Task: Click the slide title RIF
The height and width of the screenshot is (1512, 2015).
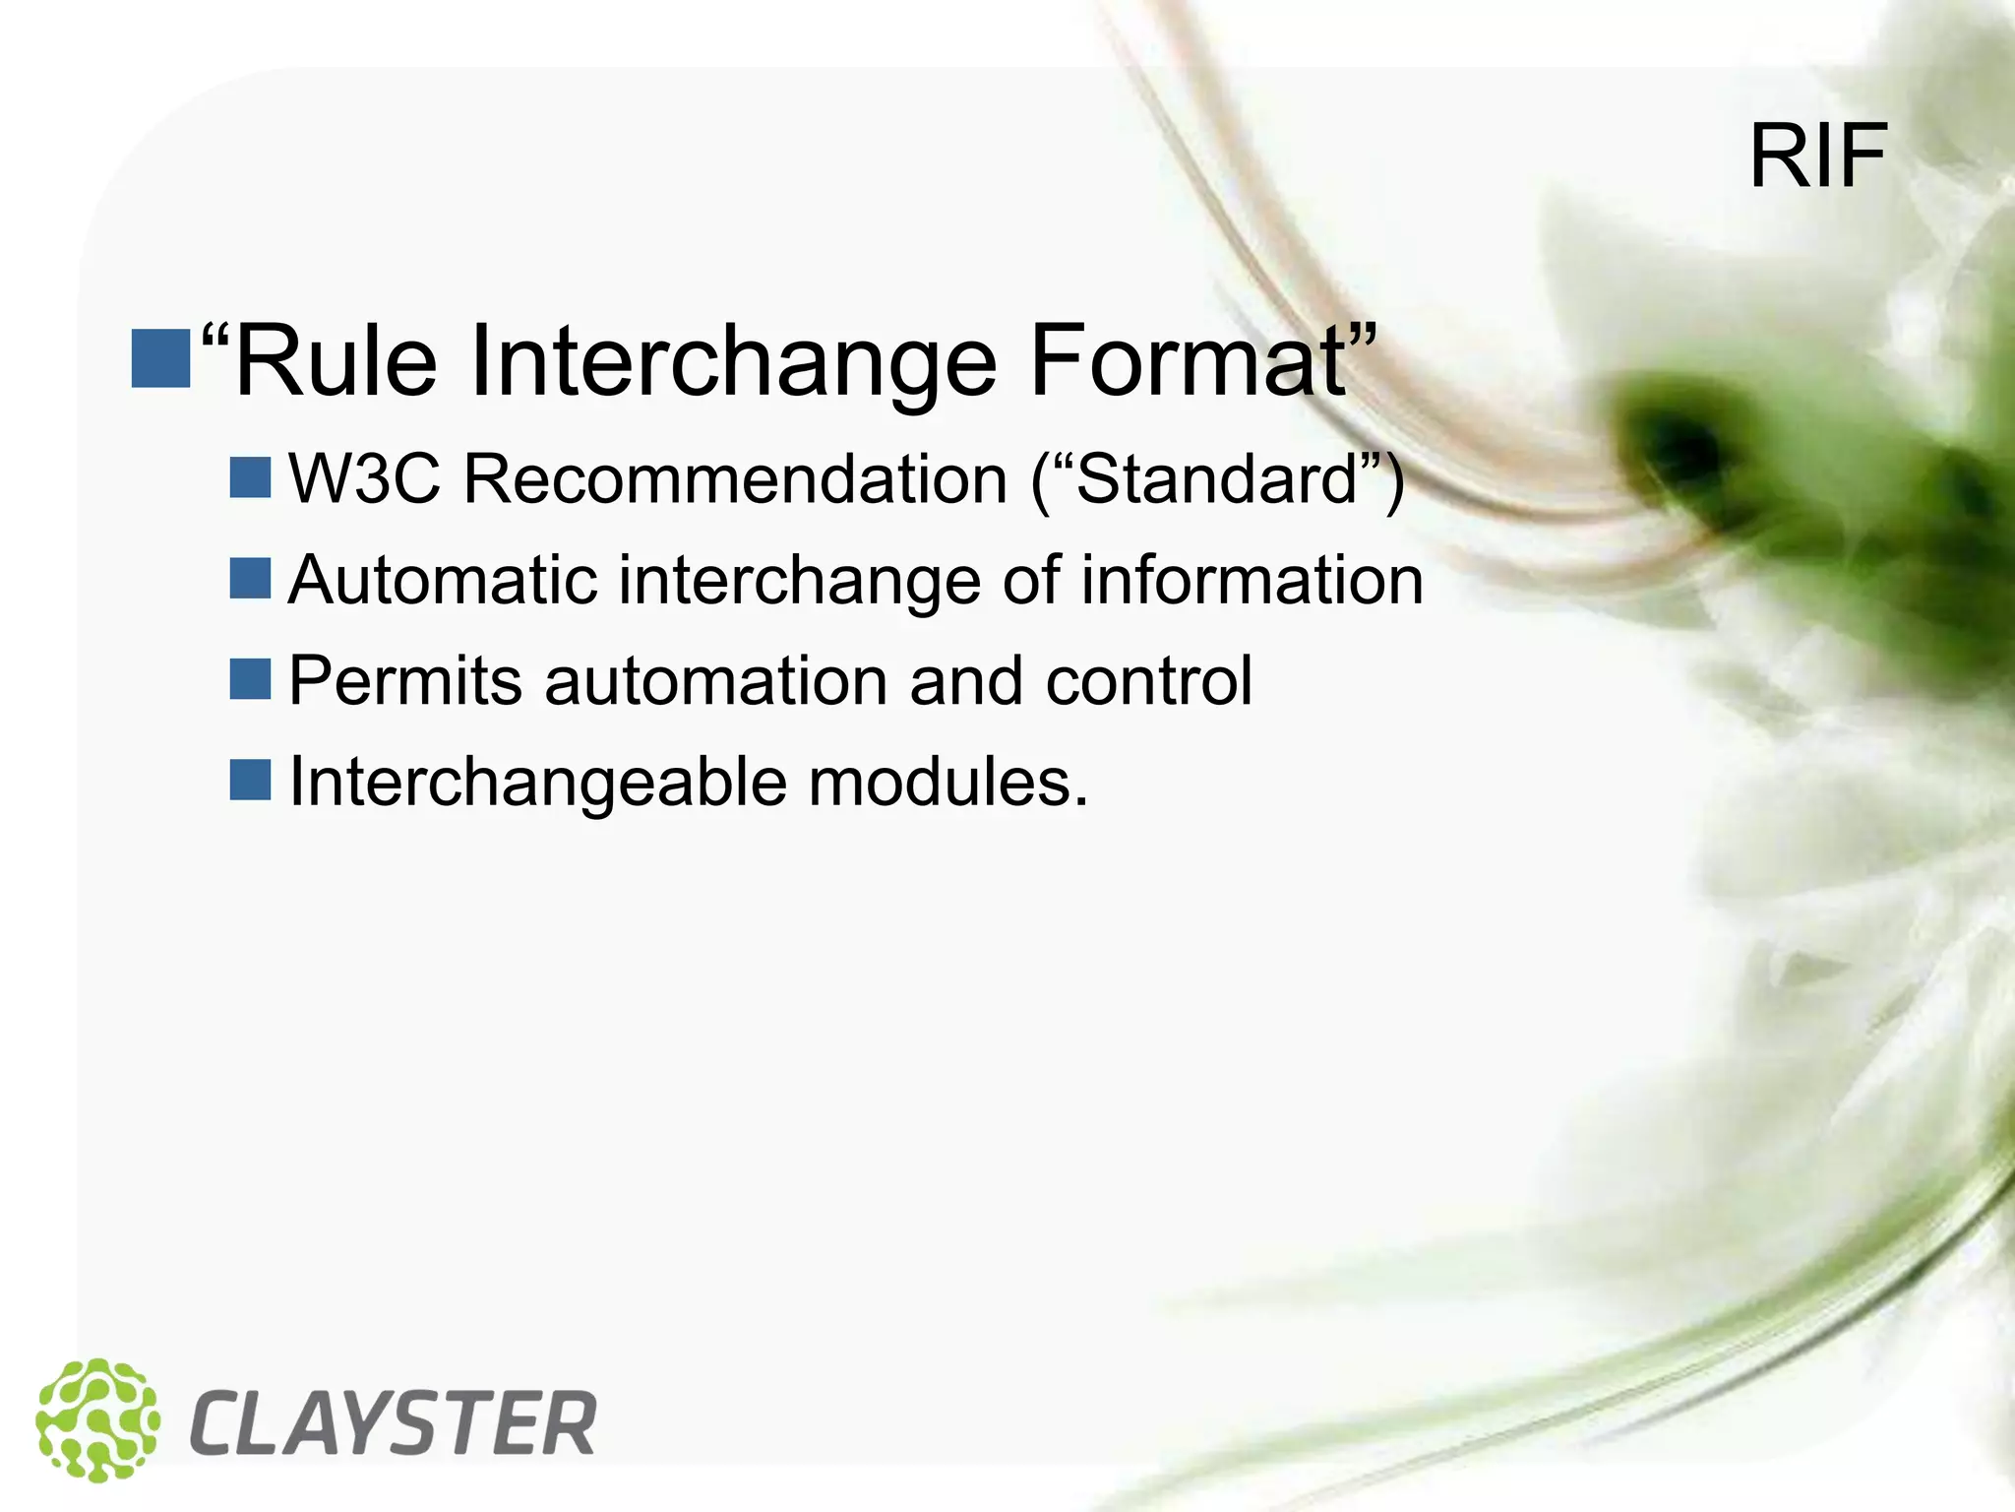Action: click(x=1817, y=157)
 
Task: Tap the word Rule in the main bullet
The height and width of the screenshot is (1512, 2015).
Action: click(x=336, y=361)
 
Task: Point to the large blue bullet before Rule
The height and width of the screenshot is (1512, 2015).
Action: click(x=160, y=358)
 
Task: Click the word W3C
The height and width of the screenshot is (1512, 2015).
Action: click(x=364, y=479)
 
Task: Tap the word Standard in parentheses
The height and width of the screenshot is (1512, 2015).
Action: click(x=1218, y=479)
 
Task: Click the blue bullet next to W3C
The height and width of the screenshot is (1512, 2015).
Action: click(x=250, y=477)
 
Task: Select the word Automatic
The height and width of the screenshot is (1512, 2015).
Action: click(x=443, y=580)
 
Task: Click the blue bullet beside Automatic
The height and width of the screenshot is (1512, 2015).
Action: click(x=250, y=579)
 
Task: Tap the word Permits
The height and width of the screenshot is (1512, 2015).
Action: click(x=404, y=681)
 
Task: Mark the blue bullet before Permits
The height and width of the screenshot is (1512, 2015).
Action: click(x=250, y=679)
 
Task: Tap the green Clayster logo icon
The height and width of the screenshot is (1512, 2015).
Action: click(x=97, y=1419)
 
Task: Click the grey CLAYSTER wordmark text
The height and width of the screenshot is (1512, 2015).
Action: click(x=393, y=1423)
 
